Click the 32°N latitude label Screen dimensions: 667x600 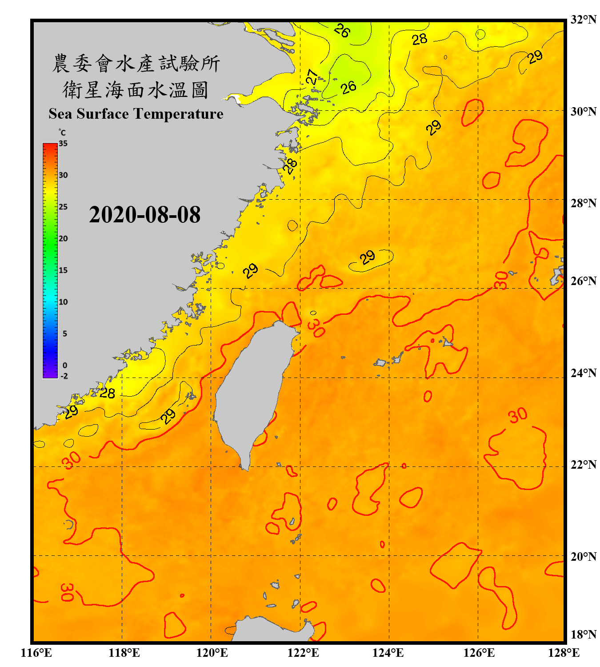583,20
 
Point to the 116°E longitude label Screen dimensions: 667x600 36,653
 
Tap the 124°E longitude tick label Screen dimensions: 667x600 388,653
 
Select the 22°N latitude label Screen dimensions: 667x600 583,465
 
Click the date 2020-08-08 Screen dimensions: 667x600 144,215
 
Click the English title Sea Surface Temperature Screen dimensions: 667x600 136,114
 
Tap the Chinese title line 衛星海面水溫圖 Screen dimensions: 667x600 136,90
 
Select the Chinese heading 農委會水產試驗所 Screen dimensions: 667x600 136,63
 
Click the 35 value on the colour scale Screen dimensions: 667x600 63,144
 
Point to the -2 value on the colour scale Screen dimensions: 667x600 64,376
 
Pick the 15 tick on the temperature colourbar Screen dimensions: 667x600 63,270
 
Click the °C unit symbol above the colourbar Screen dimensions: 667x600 62,133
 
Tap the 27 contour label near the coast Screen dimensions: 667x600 312,77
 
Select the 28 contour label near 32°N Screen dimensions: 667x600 419,39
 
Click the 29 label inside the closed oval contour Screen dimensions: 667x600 368,257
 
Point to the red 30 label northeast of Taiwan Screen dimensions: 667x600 316,328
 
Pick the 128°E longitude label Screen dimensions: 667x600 564,653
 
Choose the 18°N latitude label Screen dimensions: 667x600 583,635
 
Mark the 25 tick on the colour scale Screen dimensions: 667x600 63,207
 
